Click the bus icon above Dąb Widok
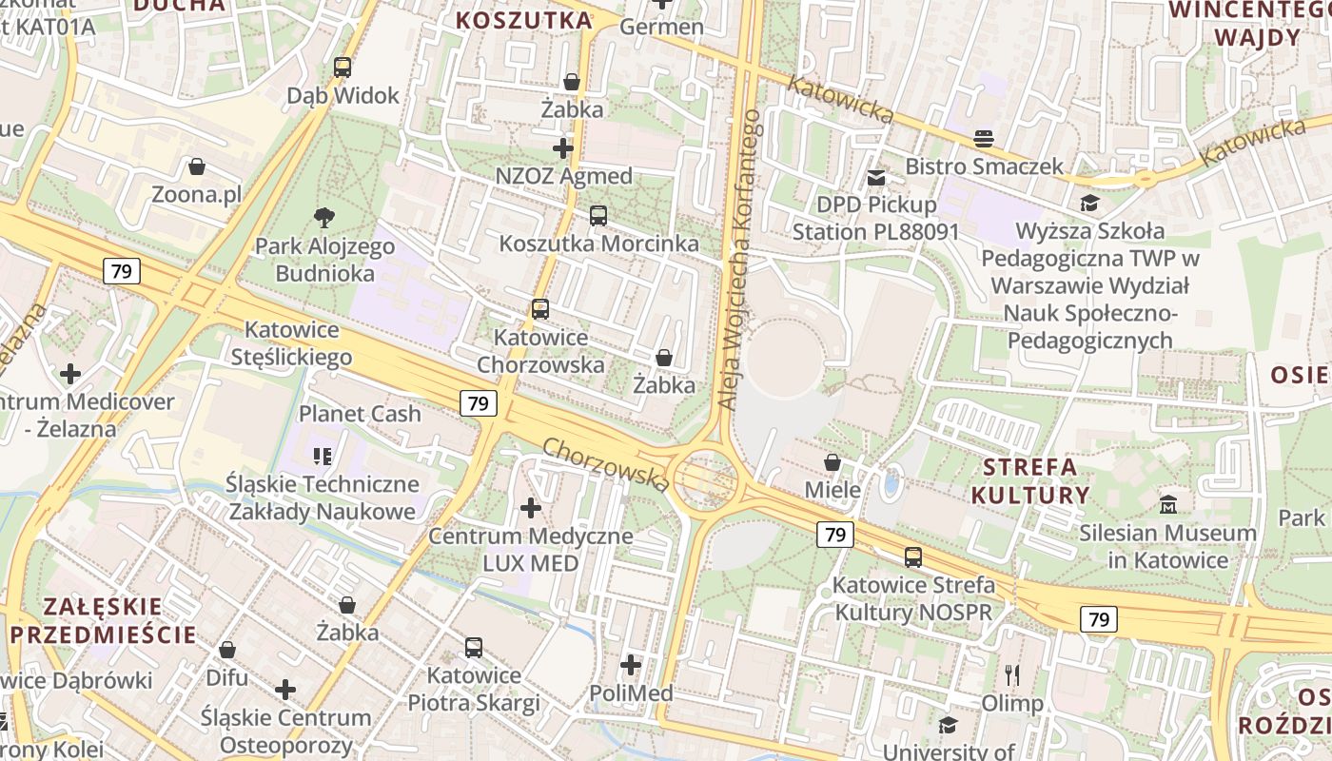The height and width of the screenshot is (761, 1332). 343,68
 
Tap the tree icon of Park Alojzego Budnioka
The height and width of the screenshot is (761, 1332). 323,218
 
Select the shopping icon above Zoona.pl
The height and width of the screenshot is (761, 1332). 197,167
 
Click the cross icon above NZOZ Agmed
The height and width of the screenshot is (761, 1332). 563,148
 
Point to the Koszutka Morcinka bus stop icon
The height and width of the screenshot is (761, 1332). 598,216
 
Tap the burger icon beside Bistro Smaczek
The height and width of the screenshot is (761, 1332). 984,139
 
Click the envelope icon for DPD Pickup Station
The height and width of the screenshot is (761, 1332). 876,177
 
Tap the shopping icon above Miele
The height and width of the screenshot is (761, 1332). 832,462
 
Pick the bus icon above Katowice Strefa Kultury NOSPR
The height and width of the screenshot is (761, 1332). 913,557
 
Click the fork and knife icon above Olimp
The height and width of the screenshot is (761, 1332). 1012,675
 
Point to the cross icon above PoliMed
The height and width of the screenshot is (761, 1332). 631,665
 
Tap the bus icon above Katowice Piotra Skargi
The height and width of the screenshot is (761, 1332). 474,648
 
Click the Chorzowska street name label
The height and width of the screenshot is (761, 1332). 607,464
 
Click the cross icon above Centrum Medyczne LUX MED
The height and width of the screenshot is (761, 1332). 531,508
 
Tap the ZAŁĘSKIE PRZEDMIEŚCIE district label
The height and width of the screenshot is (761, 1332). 103,620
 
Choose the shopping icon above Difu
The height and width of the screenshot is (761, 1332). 227,650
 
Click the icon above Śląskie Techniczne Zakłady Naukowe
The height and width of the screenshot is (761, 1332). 323,457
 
